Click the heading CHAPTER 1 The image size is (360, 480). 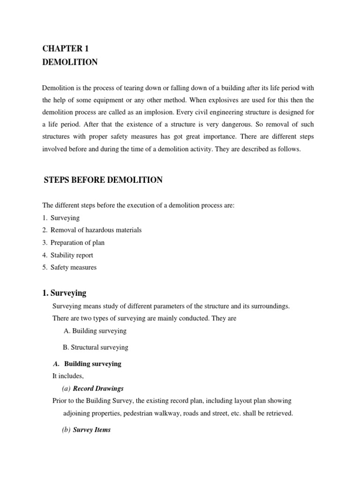(x=65, y=49)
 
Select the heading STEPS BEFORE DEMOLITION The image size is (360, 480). (x=103, y=180)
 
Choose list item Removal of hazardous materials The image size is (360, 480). (x=96, y=230)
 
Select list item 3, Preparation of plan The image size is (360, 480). (x=77, y=243)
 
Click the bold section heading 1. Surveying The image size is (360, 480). (x=64, y=293)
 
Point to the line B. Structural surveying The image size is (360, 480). (x=96, y=347)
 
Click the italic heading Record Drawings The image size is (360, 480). (x=98, y=389)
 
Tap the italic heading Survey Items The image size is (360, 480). (x=92, y=430)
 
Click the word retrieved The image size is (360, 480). (x=279, y=413)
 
